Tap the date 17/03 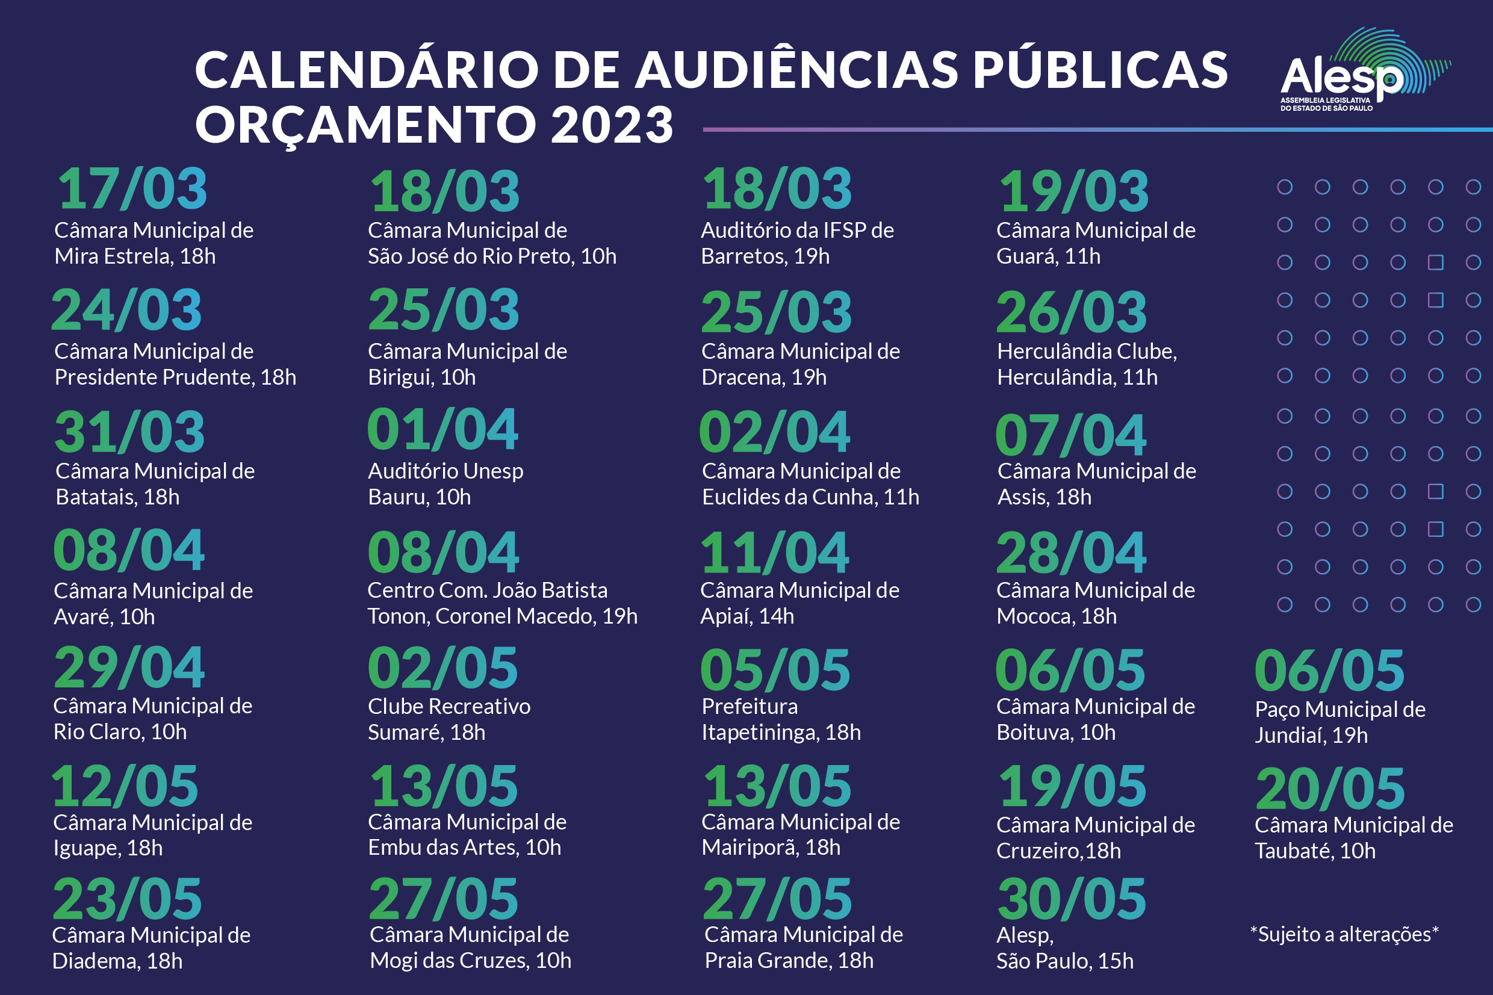[x=132, y=189]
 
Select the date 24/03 [x=126, y=311]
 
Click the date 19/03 [x=1073, y=191]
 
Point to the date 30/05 [x=1072, y=899]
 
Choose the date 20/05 [x=1330, y=789]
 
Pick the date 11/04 [x=775, y=553]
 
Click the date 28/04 [x=1071, y=553]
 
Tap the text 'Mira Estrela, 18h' [x=134, y=256]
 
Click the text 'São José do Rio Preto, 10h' [x=492, y=256]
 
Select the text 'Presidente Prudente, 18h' [x=175, y=377]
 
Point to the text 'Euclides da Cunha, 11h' [x=810, y=497]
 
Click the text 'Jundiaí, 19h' [x=1311, y=736]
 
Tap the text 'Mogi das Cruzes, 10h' [x=470, y=961]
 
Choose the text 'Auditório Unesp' [x=445, y=471]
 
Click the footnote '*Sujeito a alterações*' [x=1344, y=934]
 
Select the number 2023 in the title [x=611, y=125]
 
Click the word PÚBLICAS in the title [x=1100, y=70]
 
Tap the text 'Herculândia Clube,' [x=1087, y=352]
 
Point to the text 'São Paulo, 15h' [x=1065, y=961]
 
